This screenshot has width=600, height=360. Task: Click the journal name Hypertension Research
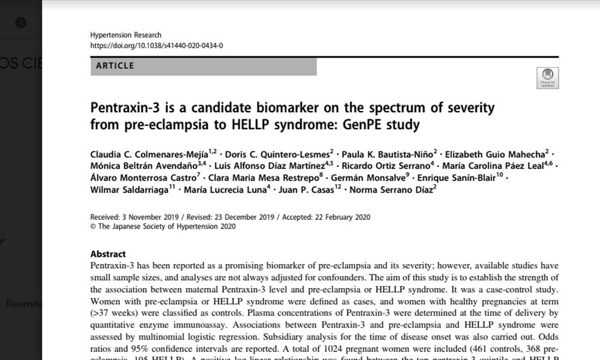pyautogui.click(x=125, y=35)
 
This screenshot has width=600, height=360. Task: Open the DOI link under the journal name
pyautogui.click(x=156, y=45)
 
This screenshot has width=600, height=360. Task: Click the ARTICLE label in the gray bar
pyautogui.click(x=115, y=65)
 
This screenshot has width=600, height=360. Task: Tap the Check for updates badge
pyautogui.click(x=547, y=79)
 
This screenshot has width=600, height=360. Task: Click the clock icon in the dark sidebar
pyautogui.click(x=20, y=23)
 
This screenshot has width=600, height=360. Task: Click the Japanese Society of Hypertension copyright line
pyautogui.click(x=163, y=227)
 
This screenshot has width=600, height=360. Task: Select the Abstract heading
pyautogui.click(x=108, y=254)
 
